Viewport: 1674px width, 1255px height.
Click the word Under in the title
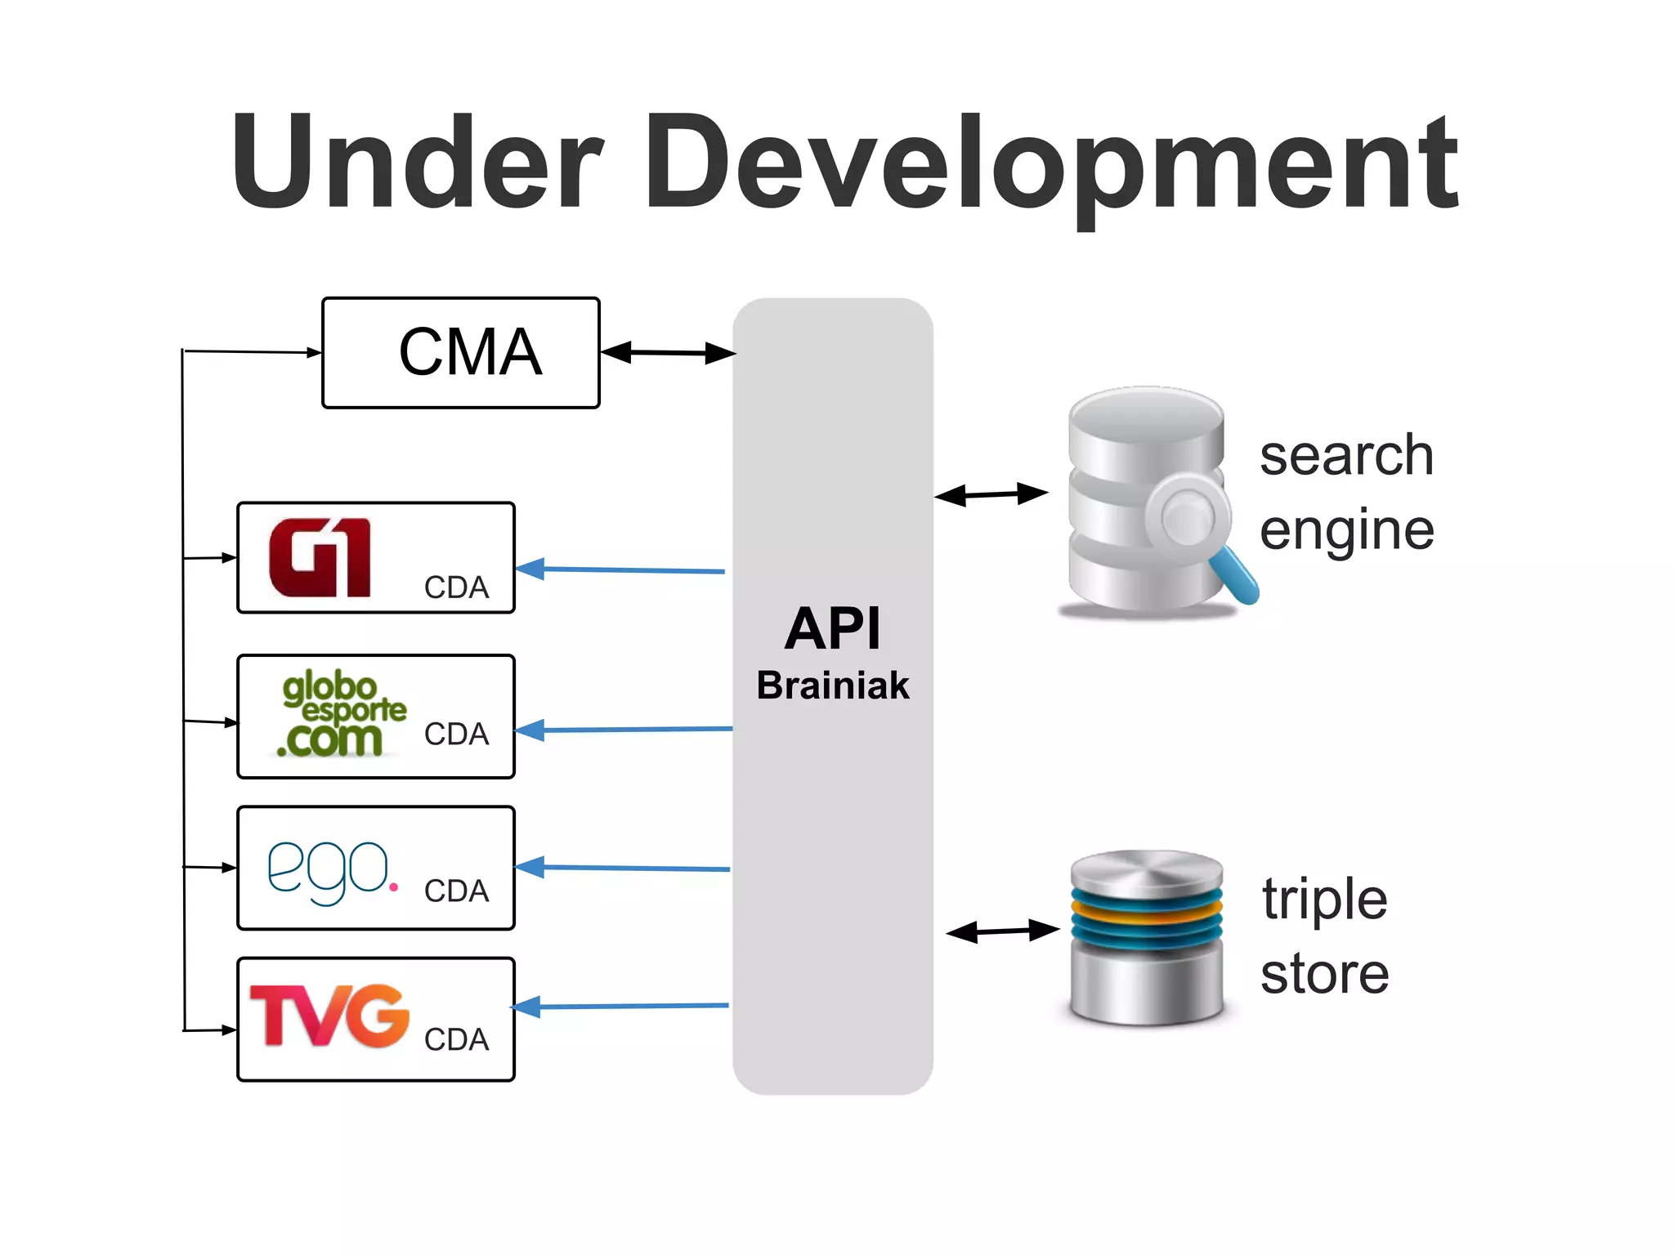pyautogui.click(x=417, y=163)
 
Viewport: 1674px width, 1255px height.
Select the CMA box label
pyautogui.click(x=470, y=352)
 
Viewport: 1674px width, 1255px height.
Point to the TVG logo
pyautogui.click(x=329, y=1016)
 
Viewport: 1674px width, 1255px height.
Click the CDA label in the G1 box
pyautogui.click(x=456, y=587)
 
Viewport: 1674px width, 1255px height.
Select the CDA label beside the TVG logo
pyautogui.click(x=456, y=1039)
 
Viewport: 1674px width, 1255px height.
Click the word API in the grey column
pyautogui.click(x=833, y=628)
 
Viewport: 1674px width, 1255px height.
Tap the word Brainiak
pyautogui.click(x=832, y=685)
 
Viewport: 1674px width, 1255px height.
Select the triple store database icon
pyautogui.click(x=1146, y=937)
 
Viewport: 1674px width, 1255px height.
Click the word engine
pyautogui.click(x=1346, y=531)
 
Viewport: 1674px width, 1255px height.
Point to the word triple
pyautogui.click(x=1324, y=899)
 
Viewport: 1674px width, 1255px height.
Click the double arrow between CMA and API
pyautogui.click(x=668, y=353)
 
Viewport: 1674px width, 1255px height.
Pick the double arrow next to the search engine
pyautogui.click(x=991, y=494)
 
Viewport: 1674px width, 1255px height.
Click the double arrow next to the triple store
pyautogui.click(x=1002, y=931)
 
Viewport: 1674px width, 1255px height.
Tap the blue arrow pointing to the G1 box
pyautogui.click(x=621, y=569)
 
